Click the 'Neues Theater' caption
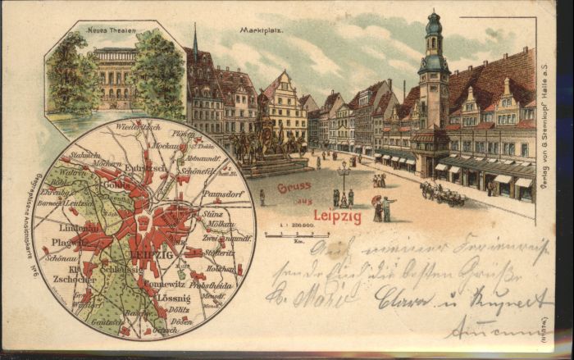tap(113, 30)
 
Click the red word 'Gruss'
tap(294, 187)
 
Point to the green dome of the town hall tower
tap(433, 23)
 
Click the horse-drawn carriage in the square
tap(444, 194)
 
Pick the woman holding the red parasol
tap(377, 207)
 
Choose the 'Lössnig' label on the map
tap(174, 298)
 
